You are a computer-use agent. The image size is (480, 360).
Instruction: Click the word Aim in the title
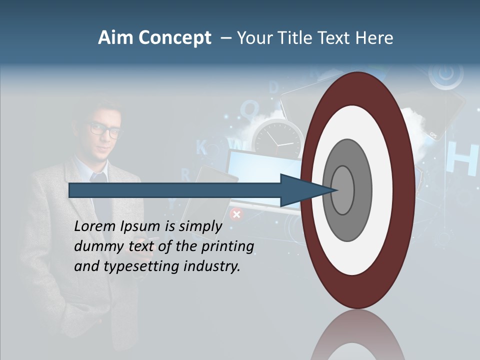115,37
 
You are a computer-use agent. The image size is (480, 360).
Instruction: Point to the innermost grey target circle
343,190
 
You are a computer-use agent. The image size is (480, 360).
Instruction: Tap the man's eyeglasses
106,130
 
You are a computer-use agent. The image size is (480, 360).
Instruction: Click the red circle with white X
236,214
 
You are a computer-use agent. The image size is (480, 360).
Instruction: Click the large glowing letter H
459,159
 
